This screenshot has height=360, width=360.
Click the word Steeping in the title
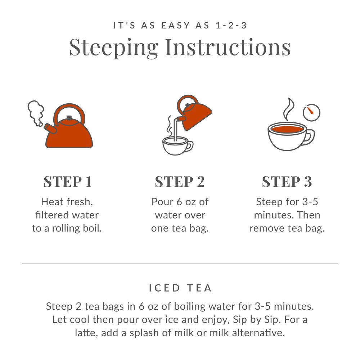114,47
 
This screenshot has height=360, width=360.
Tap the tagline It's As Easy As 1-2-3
180,26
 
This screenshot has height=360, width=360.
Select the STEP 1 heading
67,182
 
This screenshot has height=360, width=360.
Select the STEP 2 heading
180,182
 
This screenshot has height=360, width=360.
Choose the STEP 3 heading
287,182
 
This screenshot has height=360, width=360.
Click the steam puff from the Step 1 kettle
36,112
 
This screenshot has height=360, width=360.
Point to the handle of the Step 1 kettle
69,109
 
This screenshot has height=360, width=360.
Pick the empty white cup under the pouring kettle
176,146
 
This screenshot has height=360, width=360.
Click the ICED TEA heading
180,288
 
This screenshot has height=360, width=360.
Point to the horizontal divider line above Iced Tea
180,264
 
